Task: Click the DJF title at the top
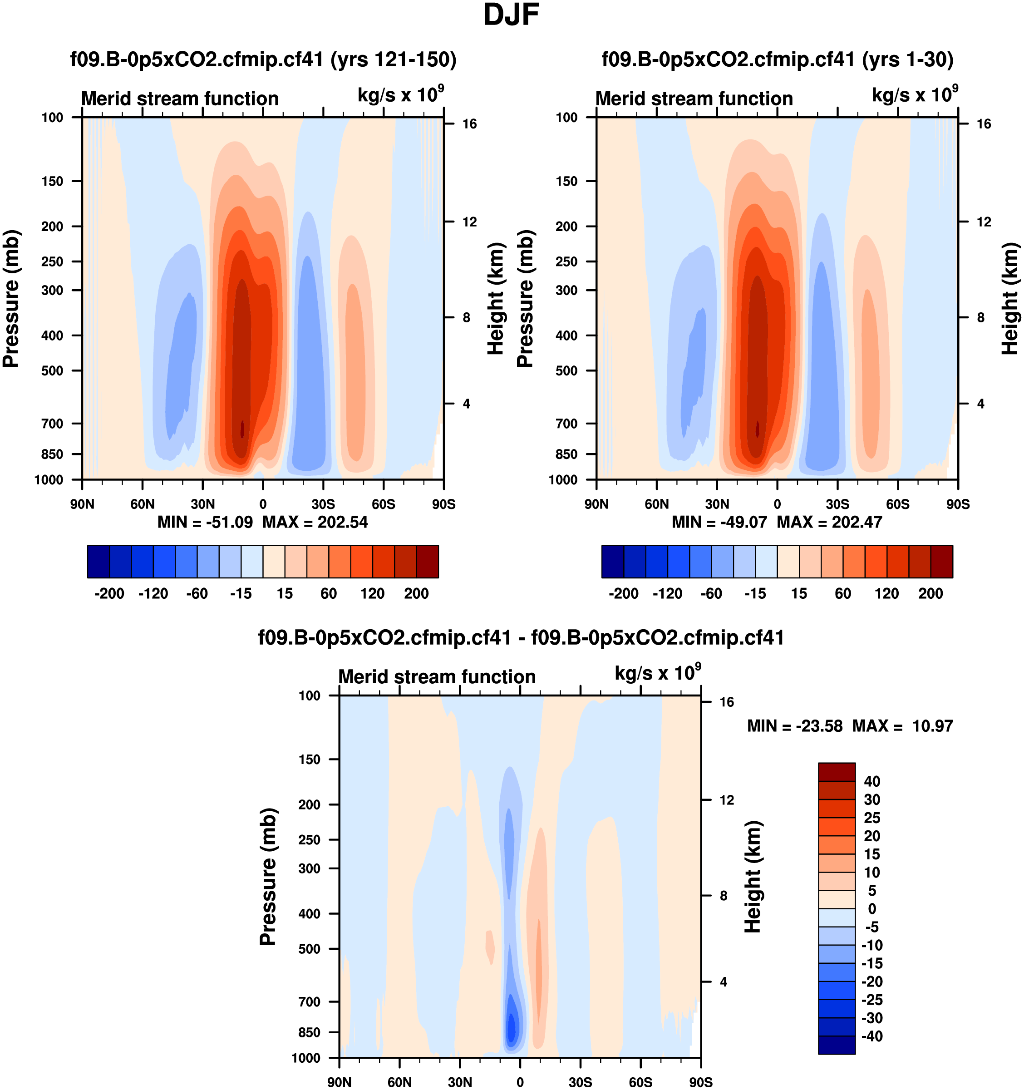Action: [511, 15]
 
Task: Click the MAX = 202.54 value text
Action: [315, 522]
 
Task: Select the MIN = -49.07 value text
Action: [719, 522]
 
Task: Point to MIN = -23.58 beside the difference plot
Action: [794, 726]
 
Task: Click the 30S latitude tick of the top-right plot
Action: [837, 504]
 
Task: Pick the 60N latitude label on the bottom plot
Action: [399, 1082]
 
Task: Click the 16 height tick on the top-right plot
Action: [984, 124]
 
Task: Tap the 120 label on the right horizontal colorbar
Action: [886, 594]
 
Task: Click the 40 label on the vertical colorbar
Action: [871, 781]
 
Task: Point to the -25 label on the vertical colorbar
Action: [871, 1000]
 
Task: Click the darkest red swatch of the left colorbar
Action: [428, 562]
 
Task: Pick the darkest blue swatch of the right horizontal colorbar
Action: [612, 562]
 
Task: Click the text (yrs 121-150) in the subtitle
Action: [393, 59]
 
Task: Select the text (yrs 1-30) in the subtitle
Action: [907, 59]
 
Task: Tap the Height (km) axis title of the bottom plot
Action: [753, 877]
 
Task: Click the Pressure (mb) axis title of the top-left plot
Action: [11, 299]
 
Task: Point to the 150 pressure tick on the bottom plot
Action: [309, 760]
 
